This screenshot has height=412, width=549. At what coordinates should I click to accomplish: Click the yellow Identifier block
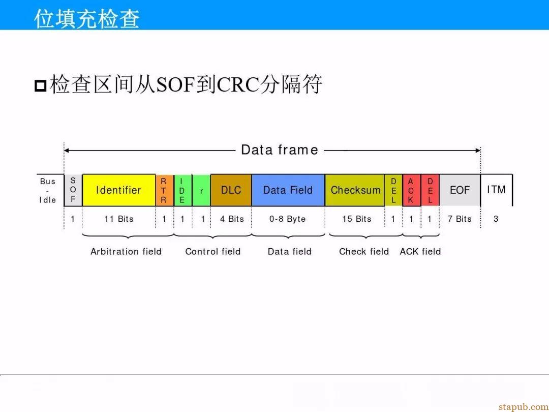(x=118, y=190)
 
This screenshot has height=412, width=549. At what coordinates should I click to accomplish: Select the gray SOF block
(x=73, y=190)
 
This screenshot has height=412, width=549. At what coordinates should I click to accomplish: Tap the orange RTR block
(x=164, y=190)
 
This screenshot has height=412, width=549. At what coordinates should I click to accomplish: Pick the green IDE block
(x=183, y=190)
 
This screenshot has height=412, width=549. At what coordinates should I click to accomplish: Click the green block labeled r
(x=201, y=190)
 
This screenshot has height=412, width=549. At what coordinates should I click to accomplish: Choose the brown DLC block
(x=231, y=190)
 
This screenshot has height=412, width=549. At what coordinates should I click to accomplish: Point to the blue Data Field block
(x=288, y=190)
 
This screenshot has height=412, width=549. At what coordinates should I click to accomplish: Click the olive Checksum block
(x=355, y=190)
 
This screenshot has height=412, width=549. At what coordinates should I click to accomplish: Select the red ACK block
(x=411, y=190)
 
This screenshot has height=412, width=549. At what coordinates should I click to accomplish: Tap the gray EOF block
(x=460, y=190)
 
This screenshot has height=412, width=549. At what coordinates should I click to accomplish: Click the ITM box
(x=497, y=190)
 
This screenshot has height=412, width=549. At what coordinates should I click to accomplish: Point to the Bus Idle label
(x=48, y=191)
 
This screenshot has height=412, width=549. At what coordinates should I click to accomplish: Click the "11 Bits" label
(x=119, y=219)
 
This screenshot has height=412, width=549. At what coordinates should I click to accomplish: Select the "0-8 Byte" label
(x=287, y=219)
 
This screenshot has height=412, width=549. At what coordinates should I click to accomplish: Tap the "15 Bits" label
(x=357, y=219)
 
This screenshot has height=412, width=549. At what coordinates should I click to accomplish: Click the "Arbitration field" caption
(x=126, y=252)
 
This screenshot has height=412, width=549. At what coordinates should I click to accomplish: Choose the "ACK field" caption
(x=420, y=252)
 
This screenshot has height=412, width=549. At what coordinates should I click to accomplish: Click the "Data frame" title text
(x=280, y=150)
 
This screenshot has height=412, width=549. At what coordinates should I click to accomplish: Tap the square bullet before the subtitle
(x=41, y=85)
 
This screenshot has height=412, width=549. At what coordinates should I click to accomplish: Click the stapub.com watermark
(x=524, y=407)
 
